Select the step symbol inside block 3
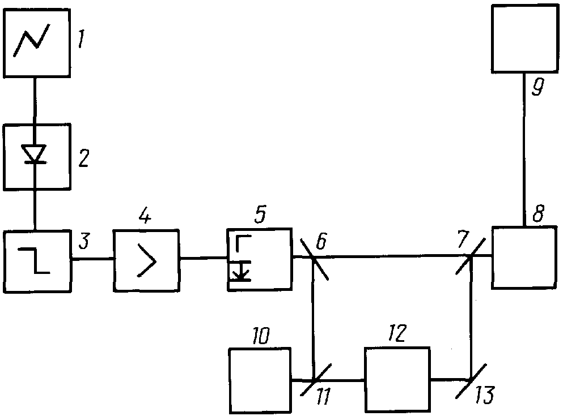35,260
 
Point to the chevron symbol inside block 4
147,260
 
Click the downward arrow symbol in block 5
241,271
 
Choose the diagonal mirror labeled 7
471,256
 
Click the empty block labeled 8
524,258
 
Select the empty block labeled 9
525,38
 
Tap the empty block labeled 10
260,380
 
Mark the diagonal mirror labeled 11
316,379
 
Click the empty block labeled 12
397,379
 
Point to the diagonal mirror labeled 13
471,380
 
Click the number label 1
82,38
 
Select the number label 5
260,215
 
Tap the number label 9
537,87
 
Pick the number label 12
396,333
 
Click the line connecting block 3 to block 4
92,258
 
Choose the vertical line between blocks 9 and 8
524,149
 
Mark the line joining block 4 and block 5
203,258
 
